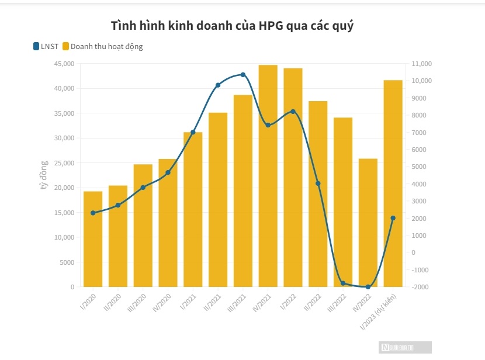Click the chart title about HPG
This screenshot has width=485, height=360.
pos(232,26)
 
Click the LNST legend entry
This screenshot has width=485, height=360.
pos(45,46)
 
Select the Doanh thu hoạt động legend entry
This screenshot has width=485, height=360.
pos(102,46)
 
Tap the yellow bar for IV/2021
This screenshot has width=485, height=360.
pos(268,175)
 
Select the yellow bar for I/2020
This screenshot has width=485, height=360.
pos(93,239)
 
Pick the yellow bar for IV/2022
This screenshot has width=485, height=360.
pos(368,222)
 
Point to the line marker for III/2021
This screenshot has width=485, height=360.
pos(243,75)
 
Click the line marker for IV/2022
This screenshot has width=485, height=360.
pos(368,287)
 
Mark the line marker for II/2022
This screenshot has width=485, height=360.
pos(318,184)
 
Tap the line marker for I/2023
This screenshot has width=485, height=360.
pos(393,218)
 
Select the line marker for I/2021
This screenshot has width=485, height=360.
pos(193,132)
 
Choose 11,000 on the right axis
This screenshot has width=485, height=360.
pos(421,63)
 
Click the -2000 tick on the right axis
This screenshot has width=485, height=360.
pos(421,287)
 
